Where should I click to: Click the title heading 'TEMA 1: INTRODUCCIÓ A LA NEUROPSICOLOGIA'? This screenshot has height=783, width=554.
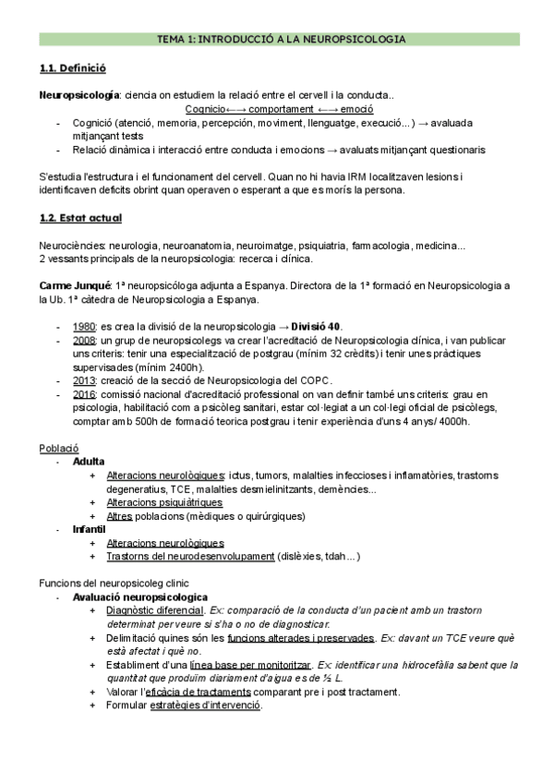[x=277, y=40]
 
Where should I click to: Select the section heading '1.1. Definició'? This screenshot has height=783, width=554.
[x=73, y=68]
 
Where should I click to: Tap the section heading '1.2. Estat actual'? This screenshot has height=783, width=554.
[x=81, y=218]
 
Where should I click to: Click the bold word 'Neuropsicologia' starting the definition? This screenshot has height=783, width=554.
[x=78, y=95]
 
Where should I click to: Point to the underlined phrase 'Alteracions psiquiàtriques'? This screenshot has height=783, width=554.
[x=164, y=502]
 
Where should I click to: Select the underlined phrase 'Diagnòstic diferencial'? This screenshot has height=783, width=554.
[x=154, y=611]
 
